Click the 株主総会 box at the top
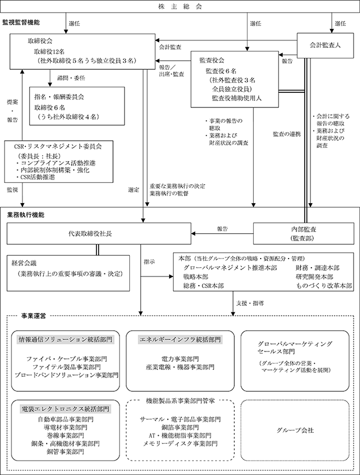180,7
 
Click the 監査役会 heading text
212,59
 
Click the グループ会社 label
295,430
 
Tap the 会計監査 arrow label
170,47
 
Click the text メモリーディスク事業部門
179,443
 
